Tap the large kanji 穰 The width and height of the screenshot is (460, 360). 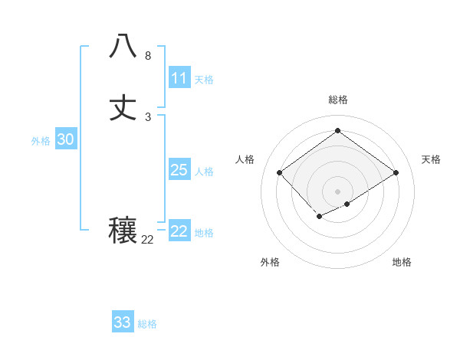pos(123,231)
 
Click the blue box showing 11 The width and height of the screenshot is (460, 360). pos(179,78)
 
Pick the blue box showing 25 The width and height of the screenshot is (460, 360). pos(179,170)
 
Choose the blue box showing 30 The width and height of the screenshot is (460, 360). pos(66,139)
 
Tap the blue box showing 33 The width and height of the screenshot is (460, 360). pos(123,322)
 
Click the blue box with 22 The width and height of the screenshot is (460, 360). pos(179,231)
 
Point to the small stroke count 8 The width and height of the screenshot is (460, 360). pos(148,56)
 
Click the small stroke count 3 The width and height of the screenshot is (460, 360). pos(148,117)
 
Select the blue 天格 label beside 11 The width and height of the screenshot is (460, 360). pos(204,80)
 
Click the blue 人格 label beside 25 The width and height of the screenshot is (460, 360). pos(204,172)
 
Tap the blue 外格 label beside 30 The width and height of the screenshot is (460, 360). pos(41,141)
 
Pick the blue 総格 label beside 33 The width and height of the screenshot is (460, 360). pos(147,324)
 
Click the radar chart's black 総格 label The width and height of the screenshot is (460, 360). pos(337,100)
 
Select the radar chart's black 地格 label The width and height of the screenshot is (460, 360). pos(402,262)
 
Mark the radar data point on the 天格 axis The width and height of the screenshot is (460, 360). pos(396,173)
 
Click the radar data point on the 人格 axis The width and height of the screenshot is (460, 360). pos(280,173)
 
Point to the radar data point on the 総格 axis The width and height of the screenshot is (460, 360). pos(337,130)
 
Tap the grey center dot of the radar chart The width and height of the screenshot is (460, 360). pos(337,191)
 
